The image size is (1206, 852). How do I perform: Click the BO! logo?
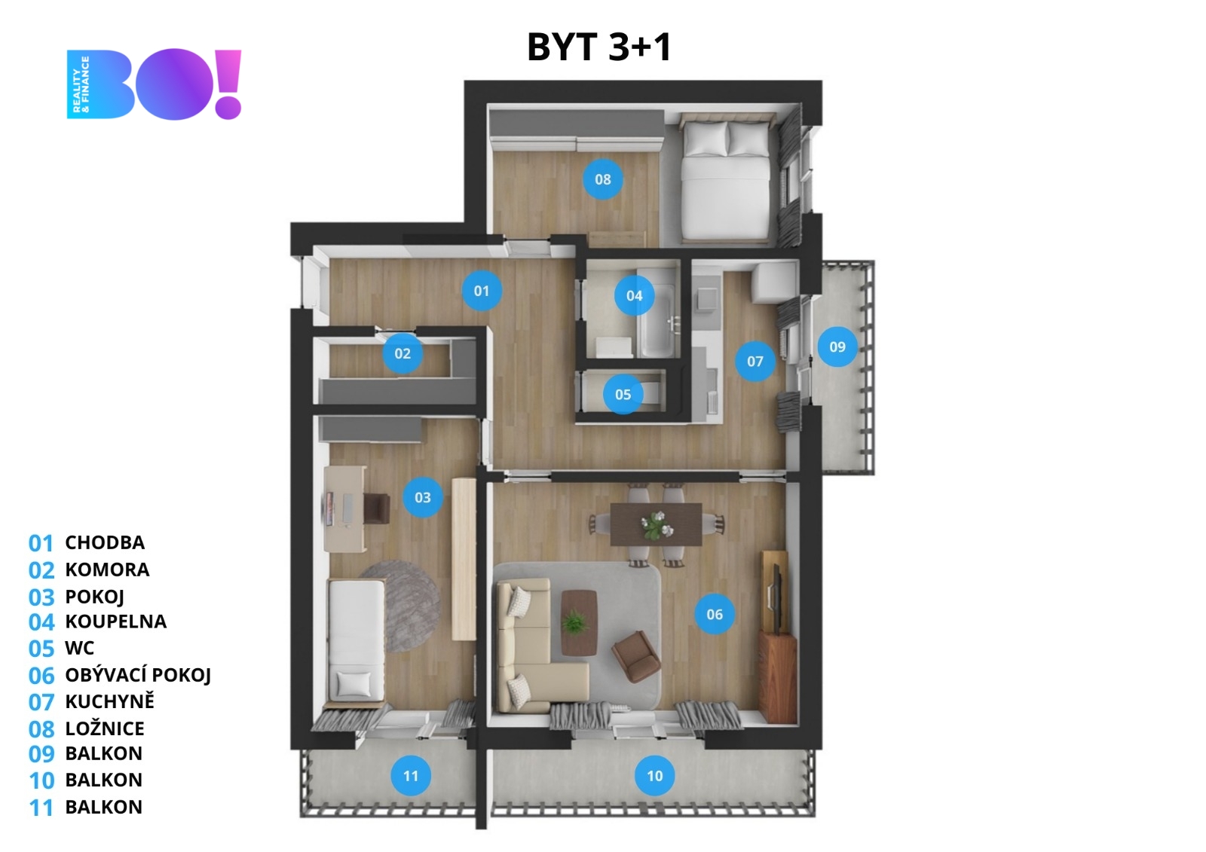tap(154, 84)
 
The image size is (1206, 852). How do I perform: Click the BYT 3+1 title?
tap(599, 47)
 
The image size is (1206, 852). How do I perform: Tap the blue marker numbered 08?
tap(603, 179)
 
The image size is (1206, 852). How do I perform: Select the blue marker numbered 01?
tap(482, 291)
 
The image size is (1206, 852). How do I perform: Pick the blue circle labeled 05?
tap(623, 395)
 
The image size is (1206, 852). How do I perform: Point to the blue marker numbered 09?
tap(837, 347)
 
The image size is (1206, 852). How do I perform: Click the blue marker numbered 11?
tap(411, 776)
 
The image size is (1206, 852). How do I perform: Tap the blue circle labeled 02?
tap(403, 353)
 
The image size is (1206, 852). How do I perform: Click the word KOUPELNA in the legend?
tap(116, 621)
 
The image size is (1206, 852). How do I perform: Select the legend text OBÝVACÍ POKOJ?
tap(138, 675)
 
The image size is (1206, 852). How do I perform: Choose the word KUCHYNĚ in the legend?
tap(110, 701)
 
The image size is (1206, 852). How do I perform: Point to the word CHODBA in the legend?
tap(105, 542)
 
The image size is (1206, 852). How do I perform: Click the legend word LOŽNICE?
tap(105, 728)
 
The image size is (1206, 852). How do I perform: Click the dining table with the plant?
tap(656, 525)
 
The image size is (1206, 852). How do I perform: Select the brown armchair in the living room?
tap(636, 657)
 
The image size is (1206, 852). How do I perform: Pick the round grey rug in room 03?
tap(399, 606)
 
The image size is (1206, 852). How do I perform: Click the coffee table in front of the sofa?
tap(579, 622)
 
